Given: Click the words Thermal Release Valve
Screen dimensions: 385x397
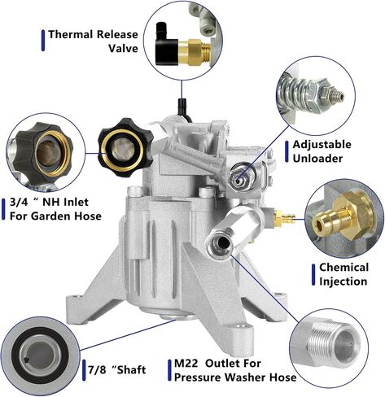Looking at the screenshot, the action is click(x=93, y=41).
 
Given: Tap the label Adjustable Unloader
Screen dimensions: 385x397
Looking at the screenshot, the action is click(x=322, y=151).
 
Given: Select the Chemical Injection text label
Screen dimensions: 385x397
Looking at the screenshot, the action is click(x=343, y=274).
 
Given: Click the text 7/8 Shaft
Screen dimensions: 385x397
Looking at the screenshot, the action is click(x=117, y=370).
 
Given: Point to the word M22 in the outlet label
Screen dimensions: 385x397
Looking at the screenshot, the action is click(x=186, y=364).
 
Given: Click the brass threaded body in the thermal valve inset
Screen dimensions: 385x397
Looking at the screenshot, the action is click(x=195, y=51).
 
